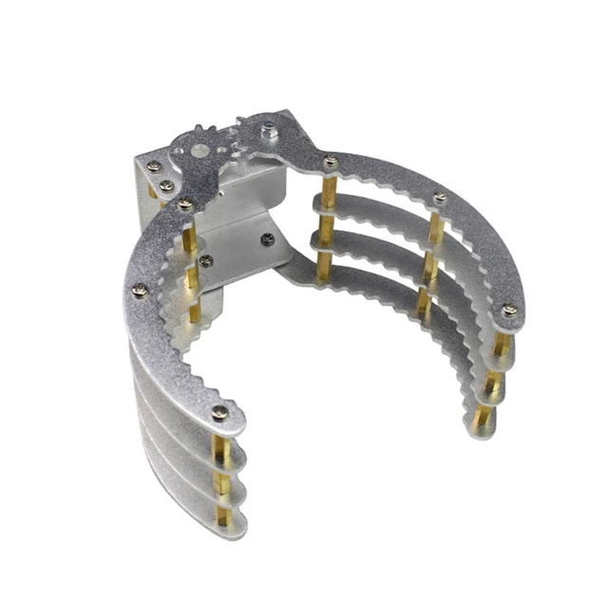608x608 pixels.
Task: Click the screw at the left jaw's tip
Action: pos(219,411)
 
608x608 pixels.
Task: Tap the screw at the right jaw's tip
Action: pos(509,310)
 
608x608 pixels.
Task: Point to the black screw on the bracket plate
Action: pos(267,238)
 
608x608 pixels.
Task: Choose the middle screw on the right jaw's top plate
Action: pos(440,198)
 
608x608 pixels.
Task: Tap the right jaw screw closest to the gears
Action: pos(330,161)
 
